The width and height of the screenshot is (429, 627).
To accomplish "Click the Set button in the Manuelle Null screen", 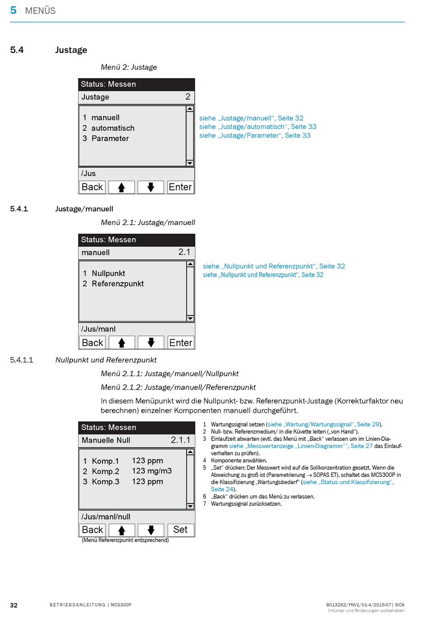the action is [x=181, y=530].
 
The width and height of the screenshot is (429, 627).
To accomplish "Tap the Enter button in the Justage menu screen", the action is [x=180, y=187].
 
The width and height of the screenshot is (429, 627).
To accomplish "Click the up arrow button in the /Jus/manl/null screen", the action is [x=121, y=530].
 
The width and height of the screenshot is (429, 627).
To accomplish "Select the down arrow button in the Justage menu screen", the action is [x=151, y=187].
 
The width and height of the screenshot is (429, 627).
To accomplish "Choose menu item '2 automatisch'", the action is [x=108, y=128].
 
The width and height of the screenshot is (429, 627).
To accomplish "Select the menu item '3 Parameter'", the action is [x=106, y=138].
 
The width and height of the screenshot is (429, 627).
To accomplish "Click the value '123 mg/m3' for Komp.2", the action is [x=152, y=471].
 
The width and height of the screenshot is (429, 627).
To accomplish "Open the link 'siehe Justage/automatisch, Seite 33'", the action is [x=257, y=127].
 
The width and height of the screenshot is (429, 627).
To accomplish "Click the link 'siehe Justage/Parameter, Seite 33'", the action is [x=255, y=136].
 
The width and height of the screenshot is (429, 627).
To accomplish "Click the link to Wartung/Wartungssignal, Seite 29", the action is [x=323, y=424].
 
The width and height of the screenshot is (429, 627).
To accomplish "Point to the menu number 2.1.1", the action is [x=180, y=440].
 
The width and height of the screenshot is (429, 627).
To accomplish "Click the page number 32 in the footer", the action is [x=14, y=605].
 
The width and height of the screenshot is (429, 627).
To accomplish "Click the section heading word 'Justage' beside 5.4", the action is [x=71, y=50].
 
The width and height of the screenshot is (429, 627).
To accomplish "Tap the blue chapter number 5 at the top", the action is [x=13, y=10].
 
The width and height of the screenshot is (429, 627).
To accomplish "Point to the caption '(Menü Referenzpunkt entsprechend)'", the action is [x=125, y=540].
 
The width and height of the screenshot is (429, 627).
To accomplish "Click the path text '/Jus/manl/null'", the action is [x=106, y=517].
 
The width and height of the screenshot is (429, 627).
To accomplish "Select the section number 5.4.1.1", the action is [x=22, y=360].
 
